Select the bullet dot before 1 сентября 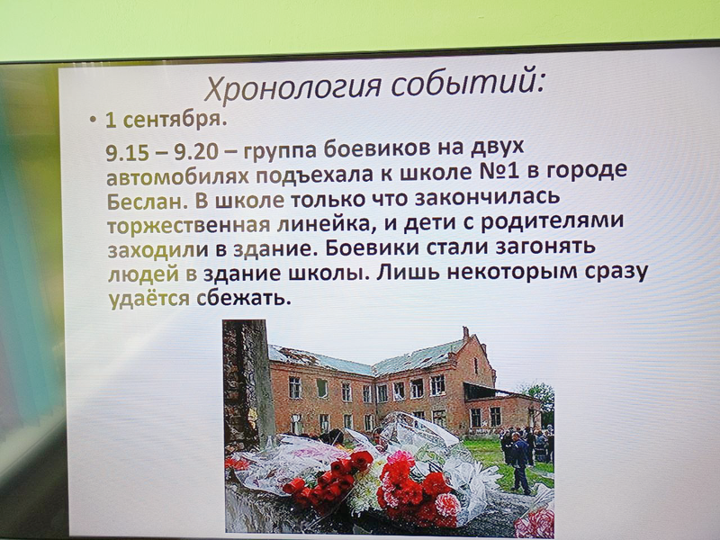pyautogui.click(x=94, y=121)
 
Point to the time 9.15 pyautogui.click(x=127, y=153)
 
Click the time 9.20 pyautogui.click(x=195, y=152)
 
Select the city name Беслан pyautogui.click(x=147, y=201)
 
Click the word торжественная pyautogui.click(x=189, y=226)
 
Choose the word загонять pyautogui.click(x=545, y=247)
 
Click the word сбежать pyautogui.click(x=244, y=298)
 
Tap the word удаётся pyautogui.click(x=148, y=299)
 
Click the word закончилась pyautogui.click(x=487, y=197)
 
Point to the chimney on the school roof pyautogui.click(x=465, y=332)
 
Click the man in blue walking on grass pyautogui.click(x=519, y=463)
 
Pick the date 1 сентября pyautogui.click(x=166, y=120)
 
